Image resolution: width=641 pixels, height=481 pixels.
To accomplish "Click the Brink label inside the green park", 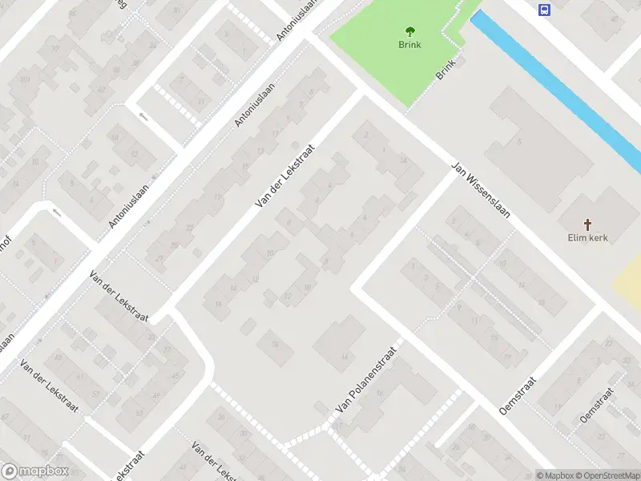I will pyautogui.click(x=409, y=46).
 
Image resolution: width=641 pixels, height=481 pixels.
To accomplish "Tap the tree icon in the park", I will pyautogui.click(x=410, y=32).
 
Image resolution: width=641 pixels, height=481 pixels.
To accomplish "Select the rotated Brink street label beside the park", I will pyautogui.click(x=445, y=69).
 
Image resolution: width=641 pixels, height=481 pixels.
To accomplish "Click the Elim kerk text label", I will pyautogui.click(x=589, y=238).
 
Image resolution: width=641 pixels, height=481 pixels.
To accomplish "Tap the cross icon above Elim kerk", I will pyautogui.click(x=589, y=224).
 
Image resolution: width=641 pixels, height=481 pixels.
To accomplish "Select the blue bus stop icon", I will pyautogui.click(x=545, y=10).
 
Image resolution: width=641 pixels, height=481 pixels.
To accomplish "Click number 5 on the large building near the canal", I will pyautogui.click(x=520, y=142).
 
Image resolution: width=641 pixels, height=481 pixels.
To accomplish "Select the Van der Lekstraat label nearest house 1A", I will pyautogui.click(x=284, y=178).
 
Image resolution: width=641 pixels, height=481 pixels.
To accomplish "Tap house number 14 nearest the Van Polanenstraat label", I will pyautogui.click(x=345, y=357).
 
